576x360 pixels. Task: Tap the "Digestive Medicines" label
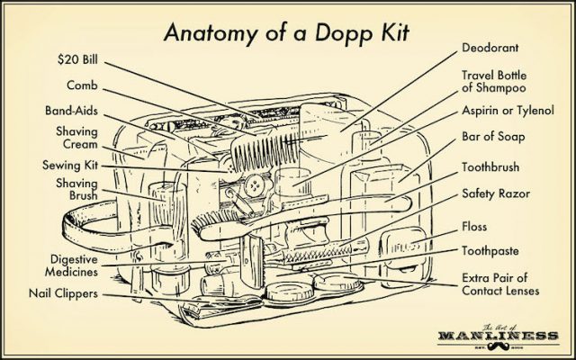click(x=67, y=267)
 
